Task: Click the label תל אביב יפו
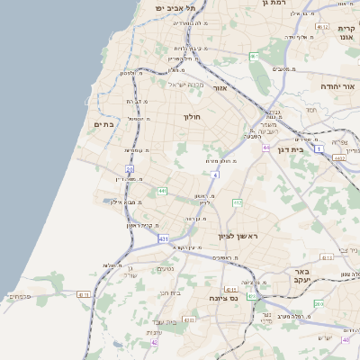(175, 7)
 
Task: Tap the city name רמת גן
(271, 4)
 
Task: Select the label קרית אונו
(346, 34)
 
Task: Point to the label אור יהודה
(338, 86)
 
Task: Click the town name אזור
(226, 89)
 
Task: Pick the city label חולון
(193, 117)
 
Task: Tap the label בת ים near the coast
(104, 125)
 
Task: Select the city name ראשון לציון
(238, 237)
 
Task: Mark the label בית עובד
(164, 321)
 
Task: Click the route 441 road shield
(162, 191)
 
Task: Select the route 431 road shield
(163, 239)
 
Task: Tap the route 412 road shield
(237, 203)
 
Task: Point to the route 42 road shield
(155, 342)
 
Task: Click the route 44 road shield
(266, 148)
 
